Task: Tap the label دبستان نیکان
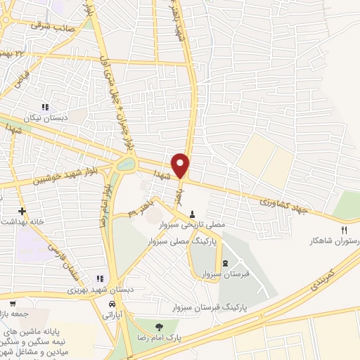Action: tap(48, 118)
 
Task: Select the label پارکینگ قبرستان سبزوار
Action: tap(211, 307)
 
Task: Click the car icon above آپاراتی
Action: tap(112, 305)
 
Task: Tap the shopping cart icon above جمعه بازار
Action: tap(12, 303)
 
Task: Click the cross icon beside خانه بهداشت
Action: tap(22, 210)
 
